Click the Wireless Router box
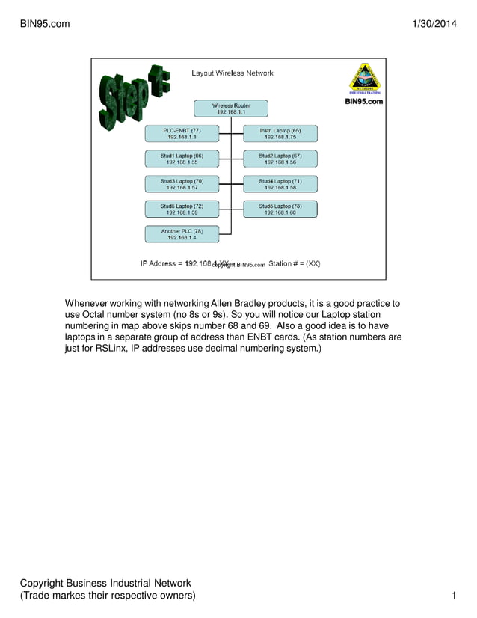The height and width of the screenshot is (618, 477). pos(231,108)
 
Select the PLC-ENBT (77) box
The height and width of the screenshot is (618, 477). pos(182,133)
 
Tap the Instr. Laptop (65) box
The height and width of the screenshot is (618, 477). pos(280,133)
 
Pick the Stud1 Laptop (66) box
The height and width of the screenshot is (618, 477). pos(182,159)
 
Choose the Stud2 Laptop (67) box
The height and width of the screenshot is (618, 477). pos(280,159)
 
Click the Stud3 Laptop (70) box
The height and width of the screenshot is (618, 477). pos(182,184)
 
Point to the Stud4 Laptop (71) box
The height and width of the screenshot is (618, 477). pos(280,184)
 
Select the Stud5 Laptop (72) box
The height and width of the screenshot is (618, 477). pos(182,209)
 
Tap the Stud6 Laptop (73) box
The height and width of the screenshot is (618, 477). pos(280,209)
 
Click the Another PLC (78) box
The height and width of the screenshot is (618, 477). pos(182,234)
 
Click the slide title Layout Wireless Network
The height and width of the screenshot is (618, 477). pos(233,73)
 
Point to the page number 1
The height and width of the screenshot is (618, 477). pos(454,596)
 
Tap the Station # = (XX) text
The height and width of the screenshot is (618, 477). pos(295,263)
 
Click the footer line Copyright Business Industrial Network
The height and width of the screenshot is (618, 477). pos(105,583)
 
